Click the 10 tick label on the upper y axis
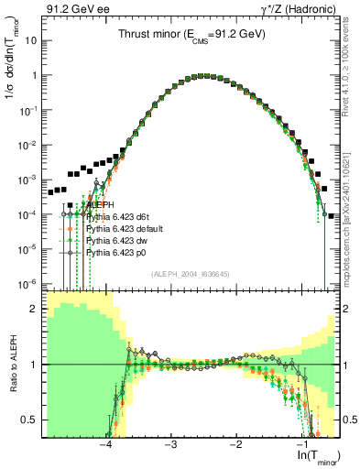click(31, 42)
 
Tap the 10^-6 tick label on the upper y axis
click(28, 283)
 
